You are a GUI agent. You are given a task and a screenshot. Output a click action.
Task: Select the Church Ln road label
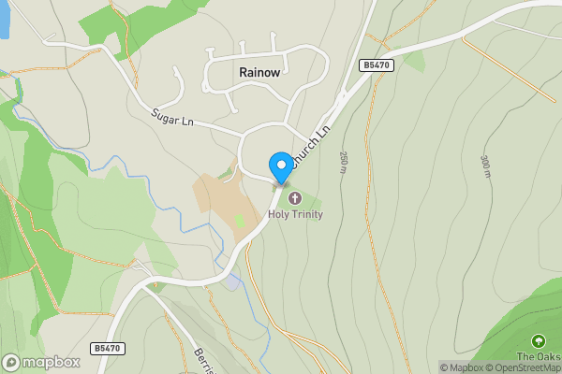311,147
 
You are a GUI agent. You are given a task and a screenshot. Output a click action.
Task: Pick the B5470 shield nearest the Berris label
107,348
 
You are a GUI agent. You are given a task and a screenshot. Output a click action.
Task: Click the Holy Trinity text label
296,214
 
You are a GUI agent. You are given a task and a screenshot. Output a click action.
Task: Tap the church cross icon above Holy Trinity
296,198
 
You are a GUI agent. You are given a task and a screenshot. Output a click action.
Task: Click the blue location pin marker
280,167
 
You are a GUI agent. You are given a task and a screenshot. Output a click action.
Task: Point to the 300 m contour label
485,165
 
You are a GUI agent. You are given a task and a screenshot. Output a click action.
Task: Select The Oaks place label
540,356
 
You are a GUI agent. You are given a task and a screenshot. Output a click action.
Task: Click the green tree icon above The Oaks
539,341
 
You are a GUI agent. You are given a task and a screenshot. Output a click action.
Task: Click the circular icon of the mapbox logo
12,362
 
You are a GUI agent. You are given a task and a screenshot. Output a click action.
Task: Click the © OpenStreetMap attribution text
526,367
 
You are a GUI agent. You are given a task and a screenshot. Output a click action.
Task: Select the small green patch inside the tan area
239,221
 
